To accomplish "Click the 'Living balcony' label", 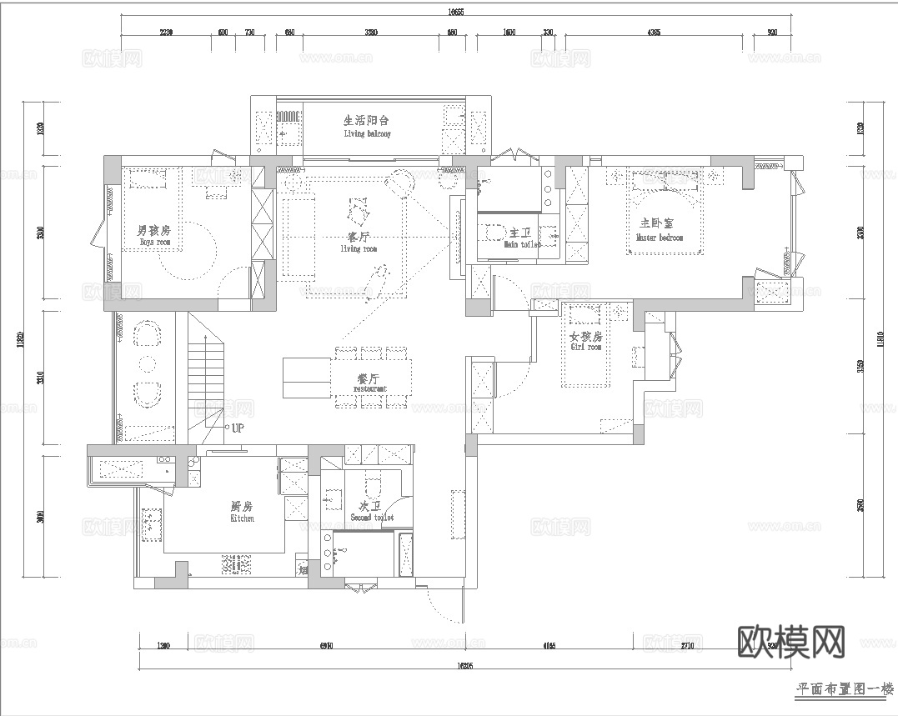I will [367, 133].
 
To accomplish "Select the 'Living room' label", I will [359, 248].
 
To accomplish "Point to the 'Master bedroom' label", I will [660, 238].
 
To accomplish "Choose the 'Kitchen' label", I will [242, 518].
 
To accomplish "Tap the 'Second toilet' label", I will [372, 518].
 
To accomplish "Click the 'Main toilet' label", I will [522, 245].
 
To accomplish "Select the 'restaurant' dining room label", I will [370, 388].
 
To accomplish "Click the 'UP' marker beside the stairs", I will [238, 428].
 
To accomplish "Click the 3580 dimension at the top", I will [371, 33].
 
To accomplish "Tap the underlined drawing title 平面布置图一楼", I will [844, 689].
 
